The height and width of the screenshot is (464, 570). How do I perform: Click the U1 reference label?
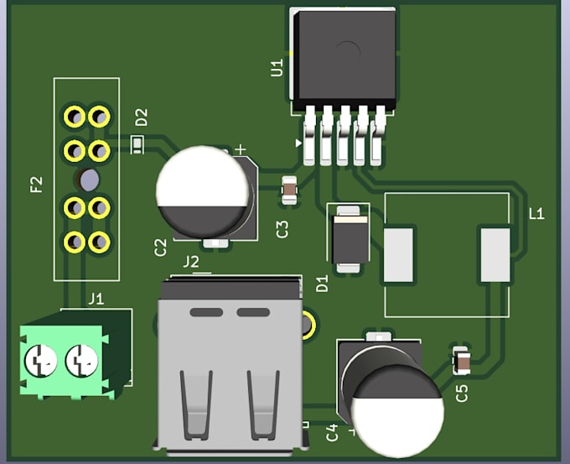tap(277, 68)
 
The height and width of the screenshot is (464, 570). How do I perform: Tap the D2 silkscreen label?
tap(142, 117)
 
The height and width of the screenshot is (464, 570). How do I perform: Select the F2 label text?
tap(36, 185)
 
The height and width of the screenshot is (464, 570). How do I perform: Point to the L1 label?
tap(536, 214)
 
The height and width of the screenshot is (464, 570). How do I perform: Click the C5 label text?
tap(462, 394)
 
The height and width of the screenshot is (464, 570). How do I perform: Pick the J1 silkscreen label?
tap(96, 300)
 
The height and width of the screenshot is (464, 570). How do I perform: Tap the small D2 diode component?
tap(137, 145)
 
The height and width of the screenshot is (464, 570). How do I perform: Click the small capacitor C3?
tap(290, 190)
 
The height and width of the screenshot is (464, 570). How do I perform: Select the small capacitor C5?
tap(461, 361)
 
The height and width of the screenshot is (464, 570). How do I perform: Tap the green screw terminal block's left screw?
tap(41, 360)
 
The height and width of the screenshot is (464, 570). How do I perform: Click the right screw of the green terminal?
tap(81, 360)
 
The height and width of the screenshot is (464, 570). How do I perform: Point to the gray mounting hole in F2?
tap(89, 180)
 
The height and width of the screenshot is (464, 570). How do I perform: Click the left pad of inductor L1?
tap(398, 255)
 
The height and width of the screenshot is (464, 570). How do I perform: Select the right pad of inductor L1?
tap(495, 255)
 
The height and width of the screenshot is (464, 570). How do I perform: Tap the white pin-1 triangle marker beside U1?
tap(298, 143)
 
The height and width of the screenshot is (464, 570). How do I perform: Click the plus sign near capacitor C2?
tap(241, 149)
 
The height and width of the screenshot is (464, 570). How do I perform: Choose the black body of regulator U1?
tap(345, 59)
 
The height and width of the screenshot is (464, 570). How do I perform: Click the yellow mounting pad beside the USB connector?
tap(308, 324)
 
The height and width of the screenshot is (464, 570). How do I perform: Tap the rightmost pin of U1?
tap(378, 136)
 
